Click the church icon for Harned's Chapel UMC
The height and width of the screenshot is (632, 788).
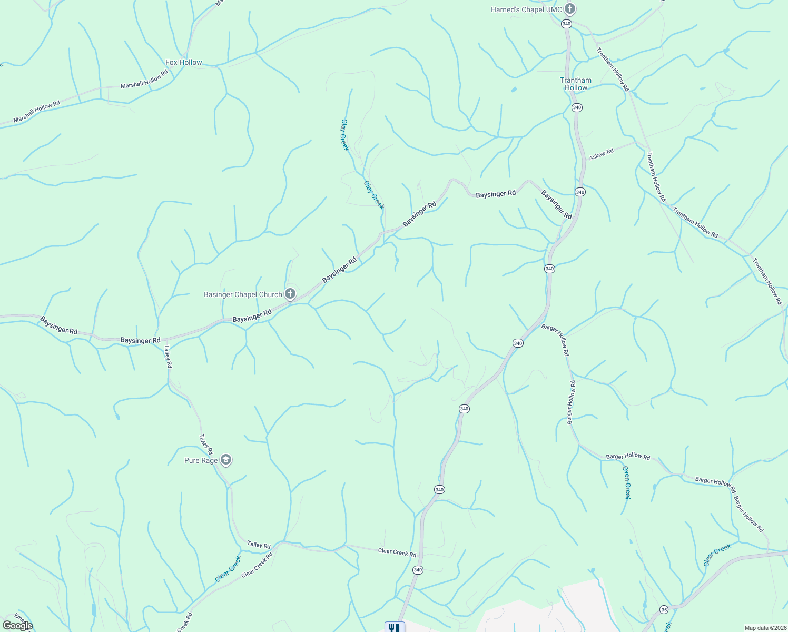(x=569, y=9)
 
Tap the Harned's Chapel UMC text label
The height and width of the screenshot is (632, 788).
(x=526, y=9)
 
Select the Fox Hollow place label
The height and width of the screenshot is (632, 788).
(x=184, y=62)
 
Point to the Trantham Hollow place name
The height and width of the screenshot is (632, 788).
(x=576, y=84)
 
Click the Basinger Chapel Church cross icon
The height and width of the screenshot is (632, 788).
(x=290, y=294)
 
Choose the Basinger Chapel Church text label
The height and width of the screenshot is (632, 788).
(x=243, y=294)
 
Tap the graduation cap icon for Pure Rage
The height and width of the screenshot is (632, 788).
(x=226, y=460)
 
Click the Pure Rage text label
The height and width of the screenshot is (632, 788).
(x=201, y=460)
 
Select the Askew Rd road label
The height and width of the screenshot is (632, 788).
(x=601, y=154)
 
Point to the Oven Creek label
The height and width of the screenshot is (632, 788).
(x=626, y=482)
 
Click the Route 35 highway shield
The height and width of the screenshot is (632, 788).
(x=664, y=610)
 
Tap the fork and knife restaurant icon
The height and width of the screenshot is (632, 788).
(x=394, y=627)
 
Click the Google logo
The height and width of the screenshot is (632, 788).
(x=17, y=625)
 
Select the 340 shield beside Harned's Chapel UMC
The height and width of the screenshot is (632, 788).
(x=566, y=24)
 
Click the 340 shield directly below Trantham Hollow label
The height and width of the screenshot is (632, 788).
(x=577, y=107)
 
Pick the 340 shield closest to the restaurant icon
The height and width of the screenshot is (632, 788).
(x=418, y=570)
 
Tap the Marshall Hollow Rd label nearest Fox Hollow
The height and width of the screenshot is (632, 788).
(x=144, y=78)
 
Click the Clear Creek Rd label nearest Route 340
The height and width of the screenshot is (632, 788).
(x=397, y=552)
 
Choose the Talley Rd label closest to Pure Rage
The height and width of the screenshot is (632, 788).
(x=206, y=444)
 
